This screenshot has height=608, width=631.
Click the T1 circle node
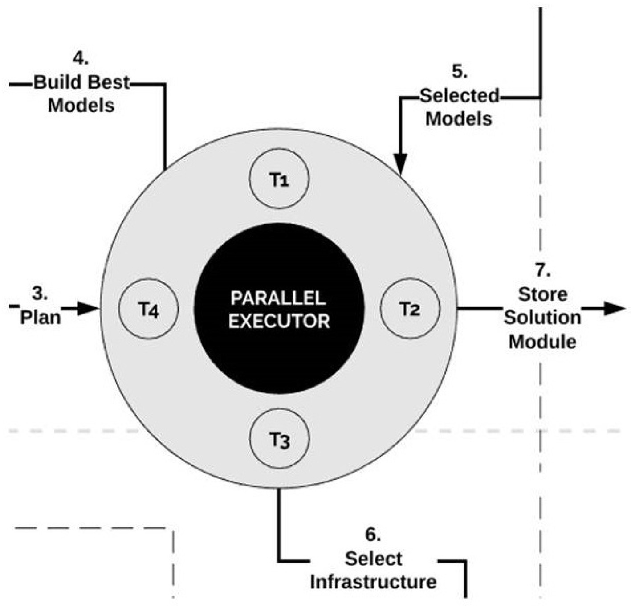279,180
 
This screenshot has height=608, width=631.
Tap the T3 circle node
279,440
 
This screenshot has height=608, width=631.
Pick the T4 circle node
148,309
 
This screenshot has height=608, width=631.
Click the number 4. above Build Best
81,59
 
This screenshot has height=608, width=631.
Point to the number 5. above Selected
460,72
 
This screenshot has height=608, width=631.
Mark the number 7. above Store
542,270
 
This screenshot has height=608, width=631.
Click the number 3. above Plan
40,294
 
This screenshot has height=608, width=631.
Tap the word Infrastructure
373,582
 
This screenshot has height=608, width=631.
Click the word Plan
41,317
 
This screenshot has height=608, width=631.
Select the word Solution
542,318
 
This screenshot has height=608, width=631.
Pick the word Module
542,342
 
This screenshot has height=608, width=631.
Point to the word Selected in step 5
460,96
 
